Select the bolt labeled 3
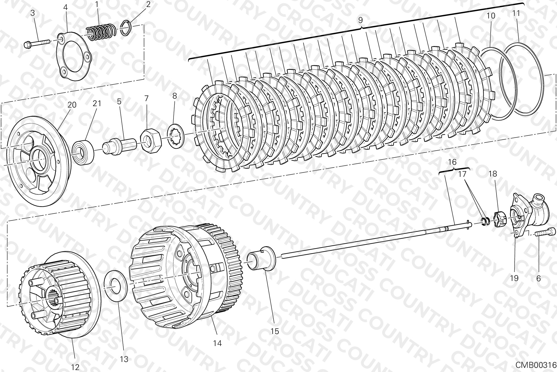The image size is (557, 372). tap(37, 43)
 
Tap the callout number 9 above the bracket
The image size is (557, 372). tap(360, 20)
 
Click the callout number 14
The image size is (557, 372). tap(217, 343)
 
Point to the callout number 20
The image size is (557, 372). tap(72, 105)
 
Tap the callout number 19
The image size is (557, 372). tap(514, 278)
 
